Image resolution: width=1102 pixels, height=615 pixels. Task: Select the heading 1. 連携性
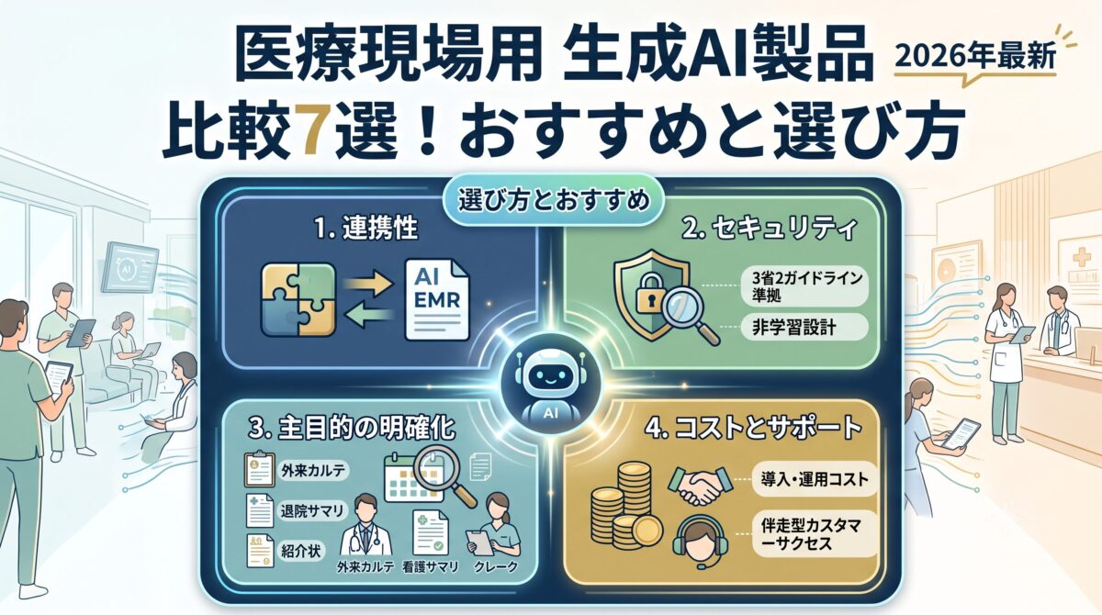pyautogui.click(x=366, y=229)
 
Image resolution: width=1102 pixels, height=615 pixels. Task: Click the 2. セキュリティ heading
pyautogui.click(x=769, y=229)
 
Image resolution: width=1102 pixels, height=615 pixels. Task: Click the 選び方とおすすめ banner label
pyautogui.click(x=554, y=201)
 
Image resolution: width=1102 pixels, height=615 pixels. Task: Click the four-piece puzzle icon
pyautogui.click(x=298, y=299)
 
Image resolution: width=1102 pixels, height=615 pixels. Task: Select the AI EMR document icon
pyautogui.click(x=437, y=300)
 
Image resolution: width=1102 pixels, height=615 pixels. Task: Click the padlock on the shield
pyautogui.click(x=650, y=294)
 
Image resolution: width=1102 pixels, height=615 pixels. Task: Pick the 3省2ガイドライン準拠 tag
pyautogui.click(x=804, y=287)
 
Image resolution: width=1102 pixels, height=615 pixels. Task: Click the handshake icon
pyautogui.click(x=700, y=486)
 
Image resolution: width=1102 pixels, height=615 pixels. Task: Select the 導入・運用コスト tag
pyautogui.click(x=815, y=479)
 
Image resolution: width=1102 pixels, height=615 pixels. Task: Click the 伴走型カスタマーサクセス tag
pyautogui.click(x=815, y=534)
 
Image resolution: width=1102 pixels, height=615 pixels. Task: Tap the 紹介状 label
pyautogui.click(x=300, y=551)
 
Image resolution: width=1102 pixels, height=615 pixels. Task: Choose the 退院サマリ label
pyautogui.click(x=312, y=511)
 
